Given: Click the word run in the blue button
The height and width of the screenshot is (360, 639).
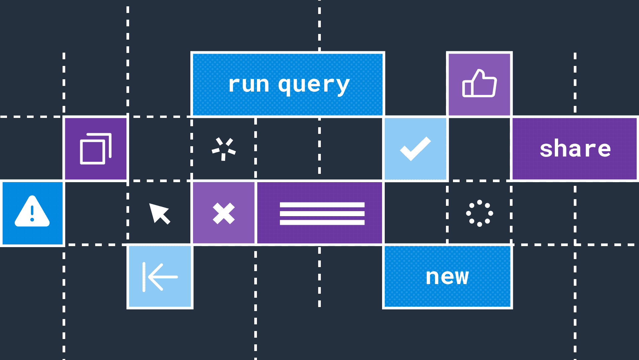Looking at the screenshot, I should point(249,85).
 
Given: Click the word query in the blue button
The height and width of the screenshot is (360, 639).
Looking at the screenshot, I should point(314,85).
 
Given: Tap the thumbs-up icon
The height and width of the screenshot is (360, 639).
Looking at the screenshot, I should point(479,84).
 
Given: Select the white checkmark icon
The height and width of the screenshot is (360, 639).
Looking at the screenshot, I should point(415,149).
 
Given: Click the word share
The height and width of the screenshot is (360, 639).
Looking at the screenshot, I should point(575,149).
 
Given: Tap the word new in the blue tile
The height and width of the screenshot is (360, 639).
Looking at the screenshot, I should point(447,277).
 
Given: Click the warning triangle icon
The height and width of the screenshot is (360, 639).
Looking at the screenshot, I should point(32,212).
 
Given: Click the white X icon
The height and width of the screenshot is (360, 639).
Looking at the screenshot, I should point(224,213).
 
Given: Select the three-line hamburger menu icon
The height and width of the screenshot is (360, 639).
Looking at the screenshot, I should point(322,213).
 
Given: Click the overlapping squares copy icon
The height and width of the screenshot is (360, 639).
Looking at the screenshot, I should point(96,149).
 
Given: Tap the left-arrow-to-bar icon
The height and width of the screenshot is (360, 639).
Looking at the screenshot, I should point(160,277).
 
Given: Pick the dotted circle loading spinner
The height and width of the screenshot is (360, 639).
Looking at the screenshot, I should point(479,213).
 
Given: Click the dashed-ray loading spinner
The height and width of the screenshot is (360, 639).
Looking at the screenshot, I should point(224,149).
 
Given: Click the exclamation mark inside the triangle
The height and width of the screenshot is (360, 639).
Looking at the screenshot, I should point(32,213).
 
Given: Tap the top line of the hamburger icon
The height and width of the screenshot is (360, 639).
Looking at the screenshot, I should point(322,205).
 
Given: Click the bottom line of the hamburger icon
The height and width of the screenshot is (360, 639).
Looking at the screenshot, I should point(322,222).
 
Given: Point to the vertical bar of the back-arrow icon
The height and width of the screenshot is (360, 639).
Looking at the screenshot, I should point(144,277).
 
